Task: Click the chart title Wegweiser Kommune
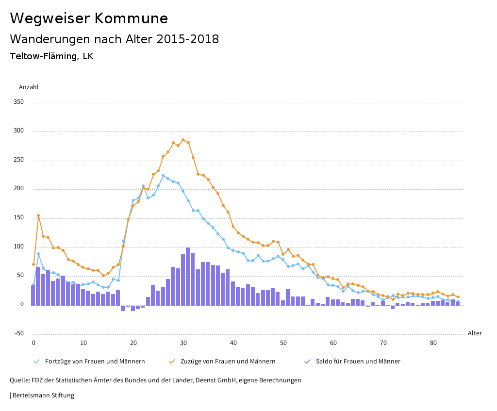pyautogui.click(x=89, y=18)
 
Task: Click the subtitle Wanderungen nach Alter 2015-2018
pyautogui.click(x=114, y=39)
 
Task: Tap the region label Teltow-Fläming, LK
pyautogui.click(x=51, y=56)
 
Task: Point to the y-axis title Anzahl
pyautogui.click(x=29, y=87)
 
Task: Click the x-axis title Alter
pyautogui.click(x=475, y=333)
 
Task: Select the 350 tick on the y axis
pyautogui.click(x=18, y=102)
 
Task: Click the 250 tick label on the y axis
pyautogui.click(x=18, y=160)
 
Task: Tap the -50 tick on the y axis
pyautogui.click(x=19, y=333)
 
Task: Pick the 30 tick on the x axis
pyautogui.click(x=183, y=343)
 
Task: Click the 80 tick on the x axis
pyautogui.click(x=433, y=343)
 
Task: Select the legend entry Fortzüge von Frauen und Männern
pyautogui.click(x=95, y=362)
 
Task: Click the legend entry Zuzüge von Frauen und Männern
pyautogui.click(x=228, y=362)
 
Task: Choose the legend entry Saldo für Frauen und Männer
pyautogui.click(x=358, y=362)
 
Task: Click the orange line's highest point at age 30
pyautogui.click(x=183, y=140)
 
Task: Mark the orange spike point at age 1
pyautogui.click(x=38, y=215)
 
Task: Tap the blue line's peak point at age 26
pyautogui.click(x=163, y=175)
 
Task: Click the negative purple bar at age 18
pyautogui.click(x=123, y=308)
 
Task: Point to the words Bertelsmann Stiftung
pyautogui.click(x=43, y=395)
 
